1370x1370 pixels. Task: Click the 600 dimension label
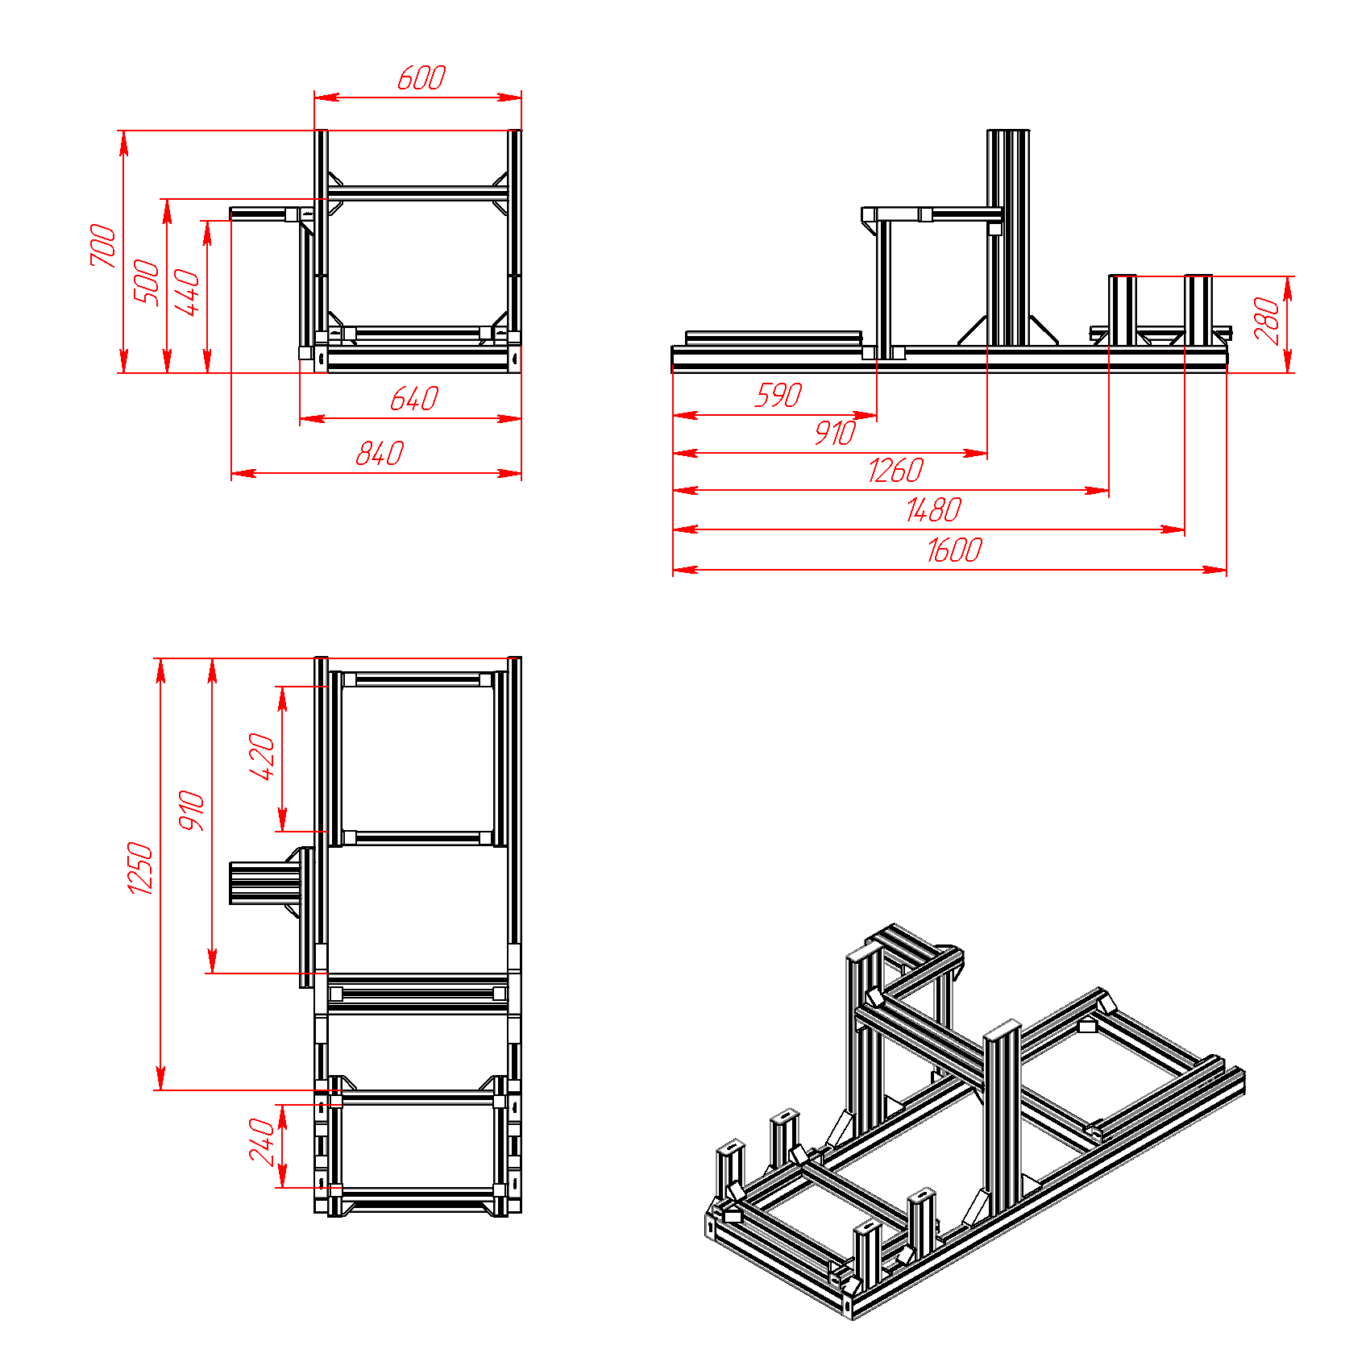(421, 78)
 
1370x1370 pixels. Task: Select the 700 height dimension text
(103, 245)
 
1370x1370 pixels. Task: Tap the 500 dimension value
(147, 281)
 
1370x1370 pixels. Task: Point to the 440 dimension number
(187, 293)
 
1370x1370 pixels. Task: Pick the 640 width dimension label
(413, 399)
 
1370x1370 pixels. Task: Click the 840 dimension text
(380, 454)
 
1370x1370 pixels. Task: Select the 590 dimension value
(778, 396)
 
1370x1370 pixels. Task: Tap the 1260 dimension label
(895, 471)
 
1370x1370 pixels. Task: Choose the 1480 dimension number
(933, 510)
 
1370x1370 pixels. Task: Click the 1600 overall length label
(954, 550)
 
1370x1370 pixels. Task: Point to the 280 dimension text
(1267, 321)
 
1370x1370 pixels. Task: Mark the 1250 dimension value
(140, 868)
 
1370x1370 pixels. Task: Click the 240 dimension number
(263, 1141)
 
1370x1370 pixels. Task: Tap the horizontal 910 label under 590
(834, 434)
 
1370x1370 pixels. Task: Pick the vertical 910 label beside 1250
(192, 811)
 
